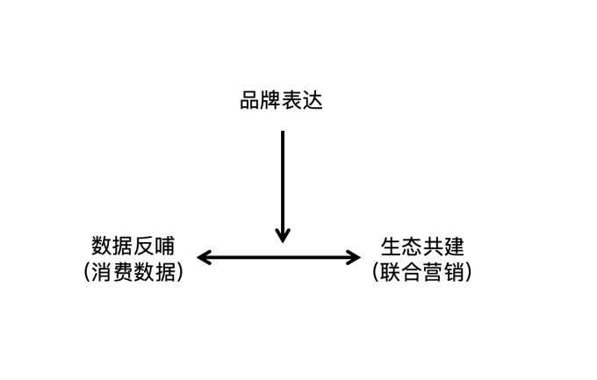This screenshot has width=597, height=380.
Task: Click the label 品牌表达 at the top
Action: pos(281,101)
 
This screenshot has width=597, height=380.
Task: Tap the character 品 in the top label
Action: pos(250,101)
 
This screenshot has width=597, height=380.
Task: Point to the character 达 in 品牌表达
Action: pos(313,101)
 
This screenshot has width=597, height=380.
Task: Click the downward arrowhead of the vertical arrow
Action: pos(283,235)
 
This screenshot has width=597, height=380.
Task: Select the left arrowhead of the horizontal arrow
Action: pos(204,257)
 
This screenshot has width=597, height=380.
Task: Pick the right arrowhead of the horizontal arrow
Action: pos(353,257)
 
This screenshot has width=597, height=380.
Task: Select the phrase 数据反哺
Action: pos(133,246)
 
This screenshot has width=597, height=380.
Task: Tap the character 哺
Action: pos(164,246)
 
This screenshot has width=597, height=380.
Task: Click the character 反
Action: pos(143,246)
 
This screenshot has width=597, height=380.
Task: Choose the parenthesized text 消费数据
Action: pos(133,272)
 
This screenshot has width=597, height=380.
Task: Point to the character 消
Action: pos(102,272)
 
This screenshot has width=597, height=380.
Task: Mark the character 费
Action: pos(123,272)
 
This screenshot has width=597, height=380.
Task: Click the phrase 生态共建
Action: pos(422,247)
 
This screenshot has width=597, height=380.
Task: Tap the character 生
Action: pos(391,247)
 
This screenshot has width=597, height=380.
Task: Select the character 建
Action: pos(454,247)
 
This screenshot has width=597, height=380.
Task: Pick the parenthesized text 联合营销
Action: pos(422,272)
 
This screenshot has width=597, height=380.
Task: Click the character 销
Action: pos(454,272)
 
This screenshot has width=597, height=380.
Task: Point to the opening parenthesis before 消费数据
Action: pos(87,272)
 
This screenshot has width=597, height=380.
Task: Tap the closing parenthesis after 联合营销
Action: pos(469,272)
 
